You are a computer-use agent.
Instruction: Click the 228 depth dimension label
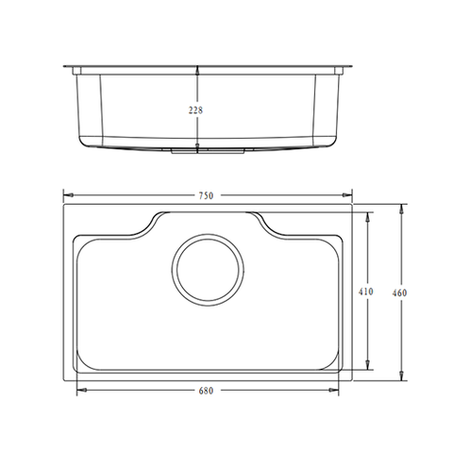pos(195,110)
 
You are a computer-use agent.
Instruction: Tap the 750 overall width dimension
pos(206,195)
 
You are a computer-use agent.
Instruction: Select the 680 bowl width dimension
pos(206,391)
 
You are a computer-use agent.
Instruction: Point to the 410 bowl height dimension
pos(366,292)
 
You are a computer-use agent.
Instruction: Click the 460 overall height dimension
pos(399,293)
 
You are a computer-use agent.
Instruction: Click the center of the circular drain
pos(208,270)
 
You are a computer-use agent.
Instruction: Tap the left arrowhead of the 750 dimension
pos(69,195)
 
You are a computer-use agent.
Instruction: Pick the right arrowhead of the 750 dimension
pos(347,195)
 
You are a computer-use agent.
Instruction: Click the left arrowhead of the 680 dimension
pos(82,390)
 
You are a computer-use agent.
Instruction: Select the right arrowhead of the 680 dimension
pos(334,390)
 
